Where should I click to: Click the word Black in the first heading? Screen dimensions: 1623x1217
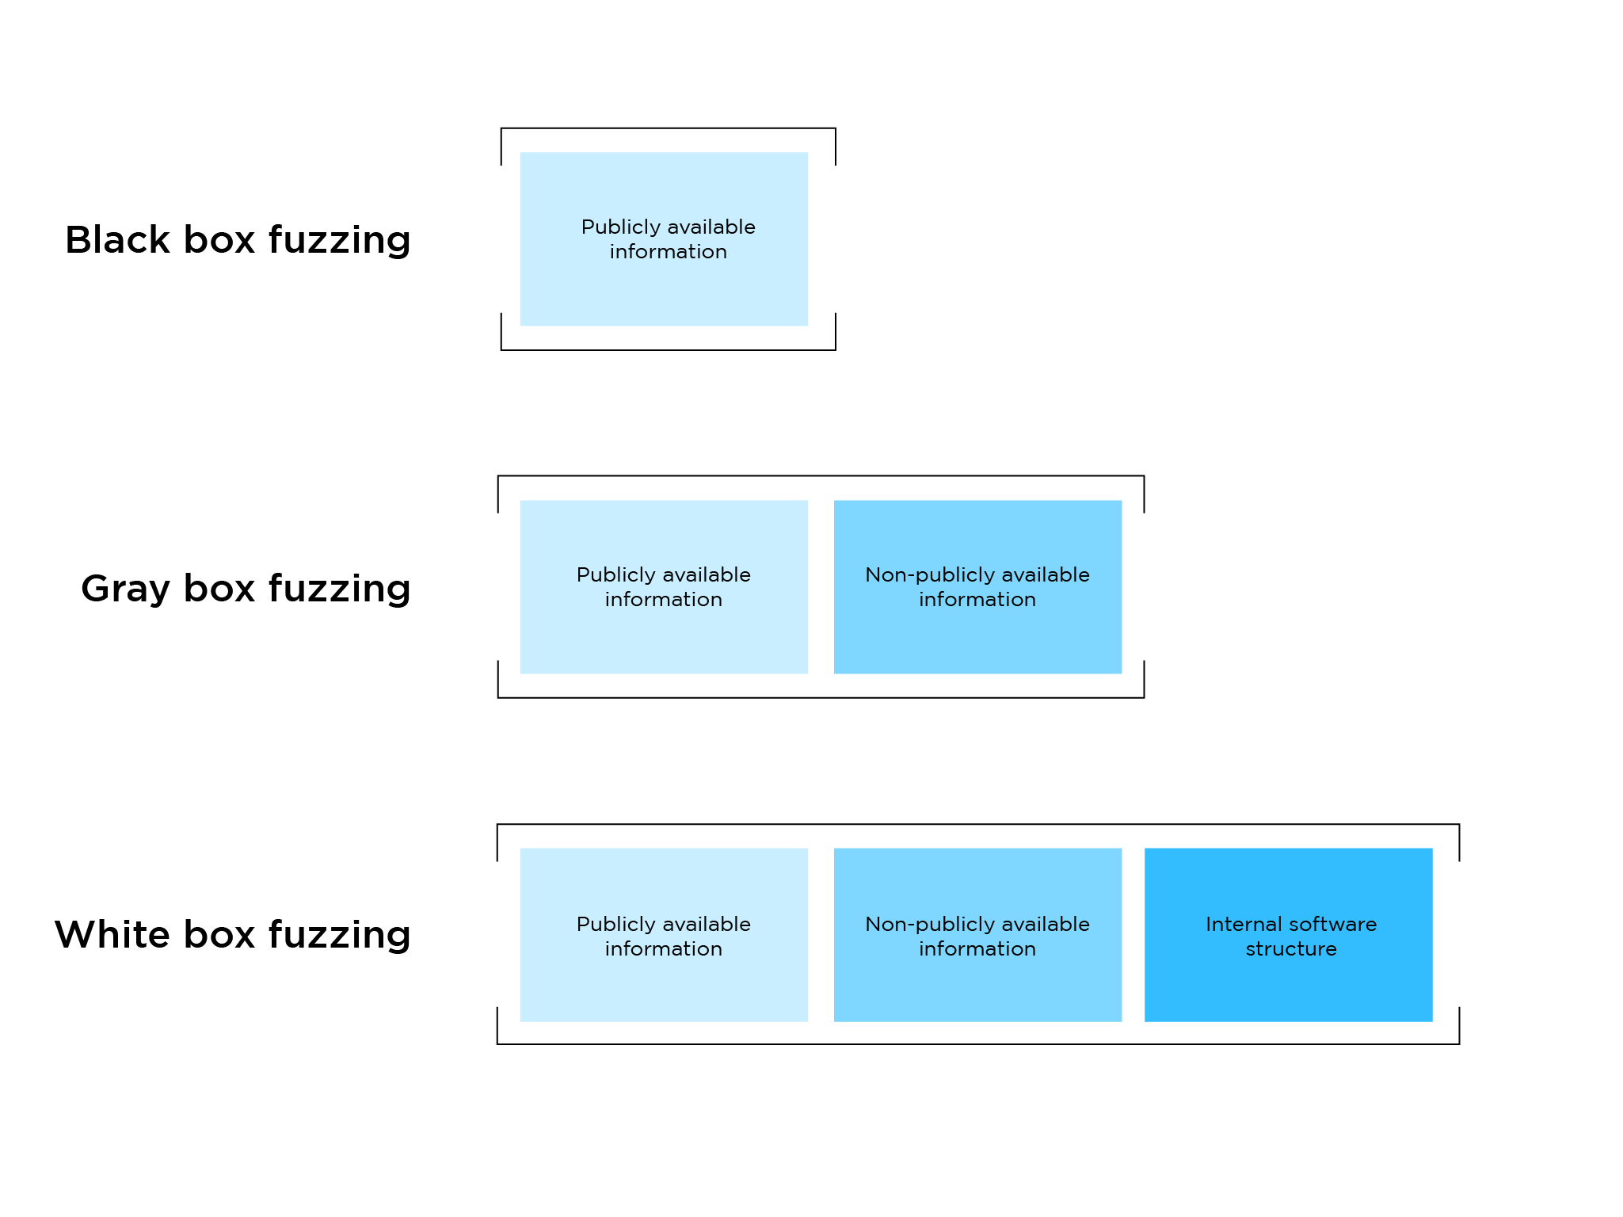[x=117, y=239]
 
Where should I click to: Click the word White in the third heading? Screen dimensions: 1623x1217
[x=112, y=934]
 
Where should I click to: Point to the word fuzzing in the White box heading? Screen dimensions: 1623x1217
[x=340, y=936]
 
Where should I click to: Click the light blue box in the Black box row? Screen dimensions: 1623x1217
[x=664, y=239]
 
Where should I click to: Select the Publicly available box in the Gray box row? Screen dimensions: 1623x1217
[x=664, y=587]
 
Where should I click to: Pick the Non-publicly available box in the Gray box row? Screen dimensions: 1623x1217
[x=977, y=587]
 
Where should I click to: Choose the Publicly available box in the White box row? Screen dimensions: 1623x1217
[x=664, y=935]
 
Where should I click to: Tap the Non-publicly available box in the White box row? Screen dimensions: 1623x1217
[x=977, y=935]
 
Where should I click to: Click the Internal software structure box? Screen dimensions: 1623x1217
[x=1289, y=935]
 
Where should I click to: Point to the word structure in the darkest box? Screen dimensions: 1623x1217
[x=1291, y=948]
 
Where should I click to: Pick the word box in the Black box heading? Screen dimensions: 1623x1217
[x=219, y=239]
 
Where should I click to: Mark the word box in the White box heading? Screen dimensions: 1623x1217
[x=219, y=934]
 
